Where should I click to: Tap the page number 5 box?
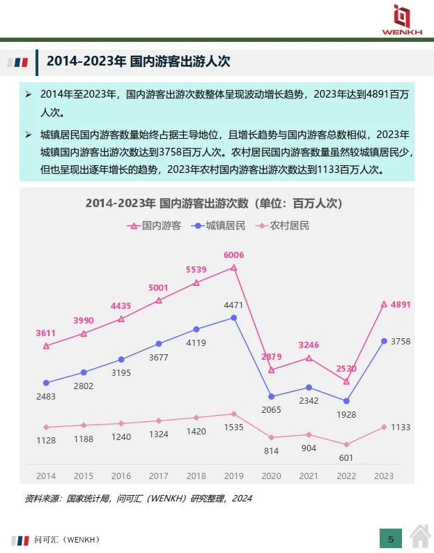coord(391,538)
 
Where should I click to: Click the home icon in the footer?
coord(420,538)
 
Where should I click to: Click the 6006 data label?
coord(234,255)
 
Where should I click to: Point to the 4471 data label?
coord(233,305)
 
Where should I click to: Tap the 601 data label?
coord(346,457)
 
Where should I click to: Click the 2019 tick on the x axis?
coord(233,476)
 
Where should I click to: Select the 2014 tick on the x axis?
coord(46,476)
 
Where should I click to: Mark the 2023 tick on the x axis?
coord(384,476)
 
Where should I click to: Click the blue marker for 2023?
coord(384,341)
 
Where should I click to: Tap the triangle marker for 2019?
coord(234,267)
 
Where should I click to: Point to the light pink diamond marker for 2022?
coord(346,444)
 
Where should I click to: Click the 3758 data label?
coord(401,341)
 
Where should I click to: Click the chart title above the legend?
coord(214,203)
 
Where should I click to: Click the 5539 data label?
coord(196,270)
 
